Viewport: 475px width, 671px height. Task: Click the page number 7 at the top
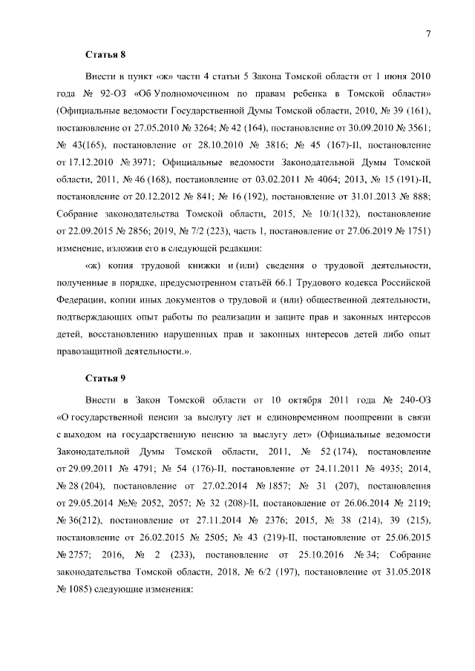click(428, 33)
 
